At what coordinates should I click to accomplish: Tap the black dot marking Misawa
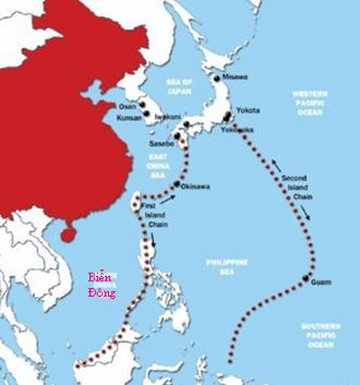pos(217,79)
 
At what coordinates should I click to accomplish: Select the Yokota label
pos(248,110)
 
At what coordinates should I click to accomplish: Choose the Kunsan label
pos(131,118)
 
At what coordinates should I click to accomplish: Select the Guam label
pos(321,282)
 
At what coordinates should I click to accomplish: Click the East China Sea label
pos(159,166)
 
